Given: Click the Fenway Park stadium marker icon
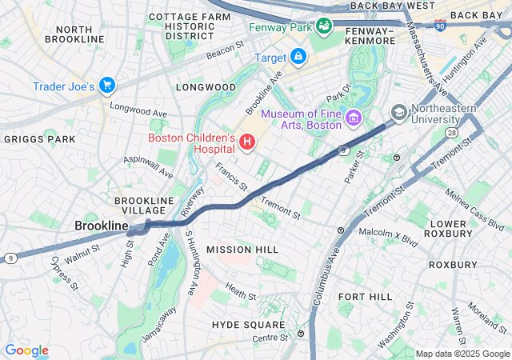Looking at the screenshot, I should pyautogui.click(x=324, y=26).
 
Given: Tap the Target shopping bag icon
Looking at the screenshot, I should pyautogui.click(x=298, y=57).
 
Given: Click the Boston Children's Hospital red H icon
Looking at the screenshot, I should pyautogui.click(x=247, y=143).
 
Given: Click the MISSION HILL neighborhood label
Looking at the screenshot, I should pyautogui.click(x=242, y=250).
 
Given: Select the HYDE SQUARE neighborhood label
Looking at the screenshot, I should pyautogui.click(x=248, y=324).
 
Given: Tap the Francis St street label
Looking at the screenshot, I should pyautogui.click(x=231, y=178).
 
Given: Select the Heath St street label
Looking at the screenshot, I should pyautogui.click(x=241, y=291).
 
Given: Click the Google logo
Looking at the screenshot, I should pyautogui.click(x=26, y=350).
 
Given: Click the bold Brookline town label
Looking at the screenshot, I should pyautogui.click(x=101, y=226).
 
